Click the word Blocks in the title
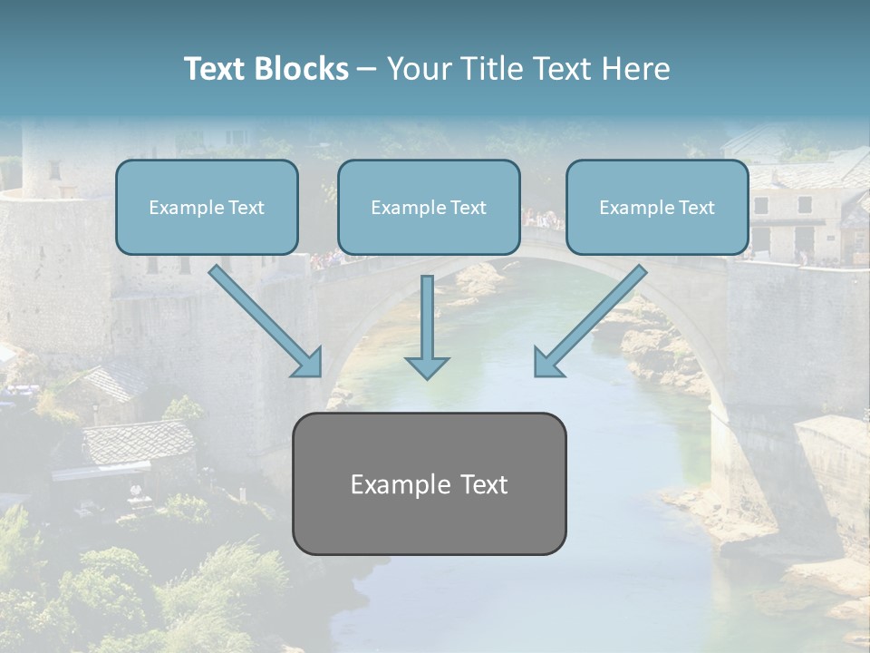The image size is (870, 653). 302,69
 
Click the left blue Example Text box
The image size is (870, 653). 207,207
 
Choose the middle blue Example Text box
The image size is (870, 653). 429,207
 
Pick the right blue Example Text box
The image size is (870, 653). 657,207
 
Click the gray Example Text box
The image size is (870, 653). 429,483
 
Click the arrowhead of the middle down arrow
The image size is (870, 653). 427,366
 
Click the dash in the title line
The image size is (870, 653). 367,69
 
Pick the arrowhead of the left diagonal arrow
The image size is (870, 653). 308,364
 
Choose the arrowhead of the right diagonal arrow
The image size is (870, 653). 547,364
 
